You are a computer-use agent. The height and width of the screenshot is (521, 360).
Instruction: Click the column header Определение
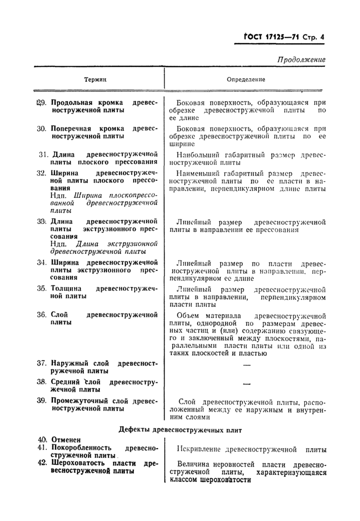[x=246, y=80]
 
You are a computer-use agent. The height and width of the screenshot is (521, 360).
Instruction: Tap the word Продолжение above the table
[x=301, y=60]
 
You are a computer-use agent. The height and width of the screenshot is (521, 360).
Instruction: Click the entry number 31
[x=43, y=154]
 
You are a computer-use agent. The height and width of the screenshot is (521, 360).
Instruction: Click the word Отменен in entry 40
[x=66, y=440]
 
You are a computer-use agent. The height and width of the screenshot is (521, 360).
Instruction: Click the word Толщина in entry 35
[x=65, y=288]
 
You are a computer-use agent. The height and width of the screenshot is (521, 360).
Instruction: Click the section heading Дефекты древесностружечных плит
[x=181, y=429]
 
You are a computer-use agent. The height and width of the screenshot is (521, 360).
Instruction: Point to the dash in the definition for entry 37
[x=246, y=365]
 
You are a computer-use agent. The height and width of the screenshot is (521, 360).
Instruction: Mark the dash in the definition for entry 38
[x=246, y=384]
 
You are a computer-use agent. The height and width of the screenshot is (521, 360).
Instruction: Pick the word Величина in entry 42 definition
[x=193, y=464]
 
